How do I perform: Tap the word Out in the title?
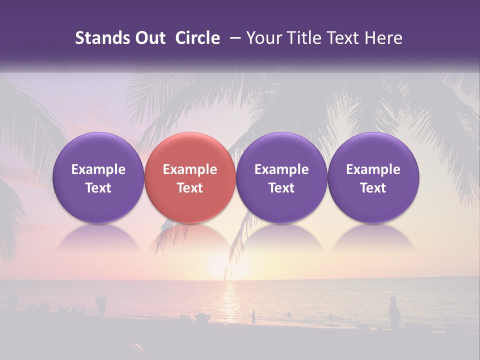tap(149, 38)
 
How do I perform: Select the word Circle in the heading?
tap(197, 38)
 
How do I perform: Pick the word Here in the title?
tap(383, 38)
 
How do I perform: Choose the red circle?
tap(190, 178)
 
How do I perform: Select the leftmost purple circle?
tap(98, 178)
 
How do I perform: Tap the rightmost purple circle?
tap(373, 178)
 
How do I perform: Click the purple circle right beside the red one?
tap(281, 178)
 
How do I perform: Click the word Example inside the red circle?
tap(190, 169)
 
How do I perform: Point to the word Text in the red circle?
tap(190, 188)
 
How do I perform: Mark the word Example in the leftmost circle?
tap(98, 169)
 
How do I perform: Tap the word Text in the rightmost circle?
tap(373, 188)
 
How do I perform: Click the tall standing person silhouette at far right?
tap(394, 313)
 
